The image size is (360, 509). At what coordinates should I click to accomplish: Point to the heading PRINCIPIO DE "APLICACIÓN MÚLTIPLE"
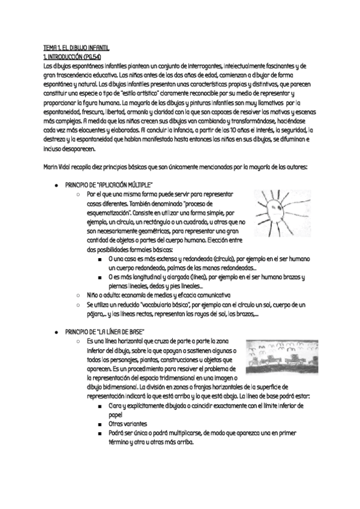click(x=109, y=184)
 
